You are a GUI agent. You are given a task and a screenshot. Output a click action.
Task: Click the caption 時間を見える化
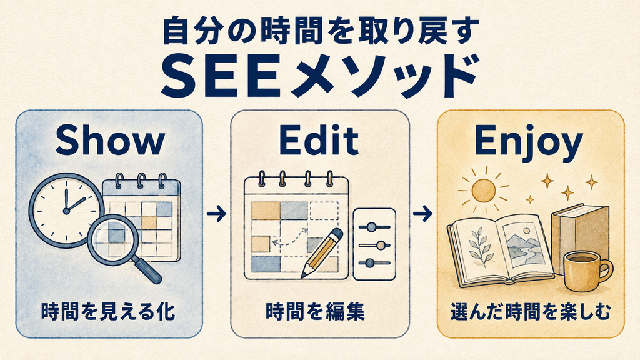(x=108, y=311)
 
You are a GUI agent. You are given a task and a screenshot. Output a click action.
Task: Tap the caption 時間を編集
(x=315, y=311)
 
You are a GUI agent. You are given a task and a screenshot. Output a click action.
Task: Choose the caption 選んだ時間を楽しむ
(x=530, y=311)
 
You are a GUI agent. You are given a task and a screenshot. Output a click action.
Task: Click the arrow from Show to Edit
(x=216, y=214)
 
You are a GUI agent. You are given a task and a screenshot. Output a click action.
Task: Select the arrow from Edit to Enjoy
(x=423, y=214)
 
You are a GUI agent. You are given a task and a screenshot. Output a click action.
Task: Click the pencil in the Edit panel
(x=322, y=253)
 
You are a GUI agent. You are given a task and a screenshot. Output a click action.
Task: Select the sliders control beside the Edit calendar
(x=374, y=244)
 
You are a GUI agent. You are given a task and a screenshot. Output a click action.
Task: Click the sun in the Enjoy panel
(x=483, y=190)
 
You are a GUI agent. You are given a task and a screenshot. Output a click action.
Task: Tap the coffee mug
(x=586, y=271)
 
